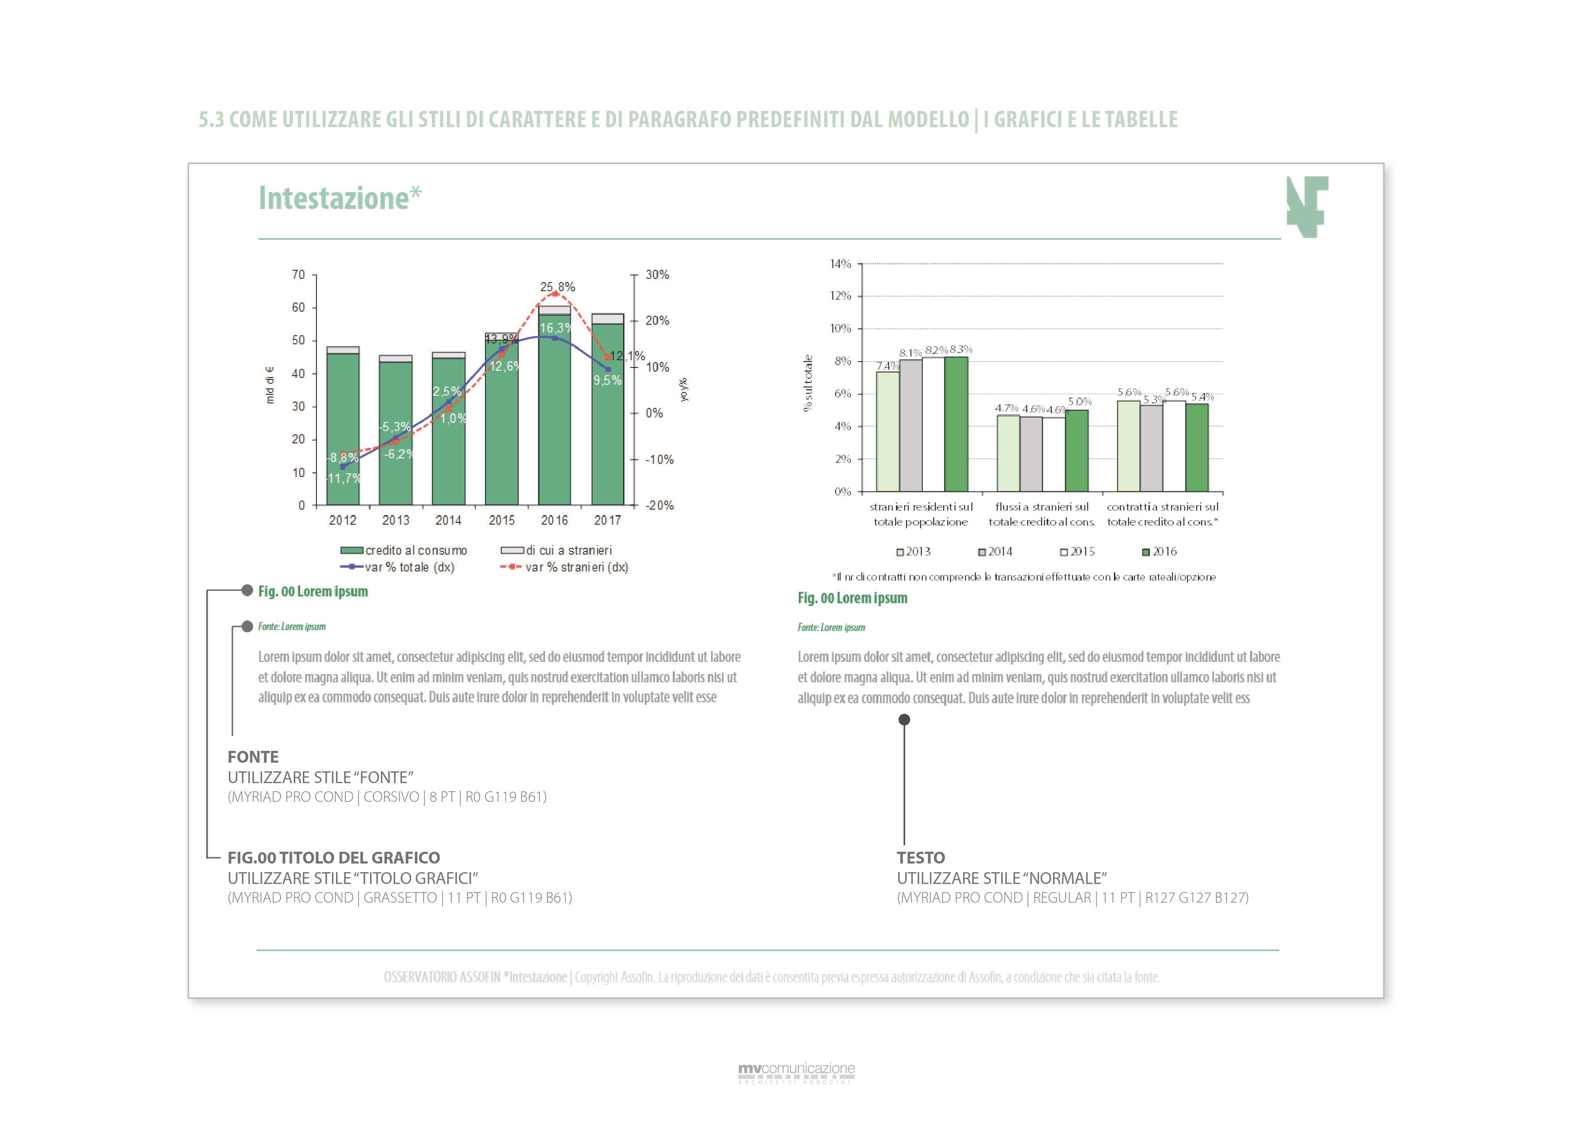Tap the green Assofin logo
(1307, 207)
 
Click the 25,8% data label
(558, 287)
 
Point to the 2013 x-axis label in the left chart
(396, 520)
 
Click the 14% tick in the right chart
(840, 264)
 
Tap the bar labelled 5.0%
(1077, 450)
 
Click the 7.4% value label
(887, 366)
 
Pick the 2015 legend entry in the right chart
(1078, 552)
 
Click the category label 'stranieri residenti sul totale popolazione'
(920, 514)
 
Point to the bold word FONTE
(253, 757)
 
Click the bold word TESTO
(920, 858)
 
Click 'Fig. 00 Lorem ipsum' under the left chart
(313, 591)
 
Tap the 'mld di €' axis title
(270, 385)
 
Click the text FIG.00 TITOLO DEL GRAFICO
(334, 858)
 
